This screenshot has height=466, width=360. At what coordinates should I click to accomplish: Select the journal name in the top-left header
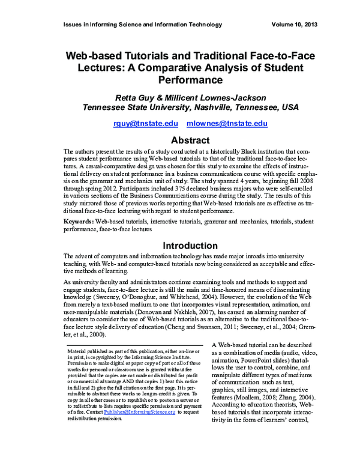point(142,25)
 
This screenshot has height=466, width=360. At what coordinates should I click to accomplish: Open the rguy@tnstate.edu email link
point(146,123)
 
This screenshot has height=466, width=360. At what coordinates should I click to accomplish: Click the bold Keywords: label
point(82,222)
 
